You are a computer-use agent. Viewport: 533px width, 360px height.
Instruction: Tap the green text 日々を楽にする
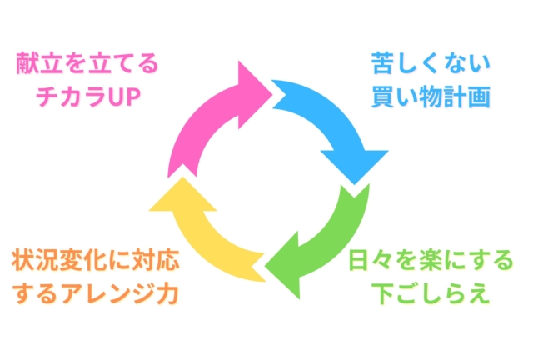pyautogui.click(x=430, y=262)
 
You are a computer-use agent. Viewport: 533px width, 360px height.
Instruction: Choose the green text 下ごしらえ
pyautogui.click(x=430, y=295)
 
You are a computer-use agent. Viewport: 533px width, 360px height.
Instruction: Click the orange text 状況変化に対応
pyautogui.click(x=95, y=262)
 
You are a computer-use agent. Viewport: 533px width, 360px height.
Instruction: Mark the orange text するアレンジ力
pyautogui.click(x=95, y=295)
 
